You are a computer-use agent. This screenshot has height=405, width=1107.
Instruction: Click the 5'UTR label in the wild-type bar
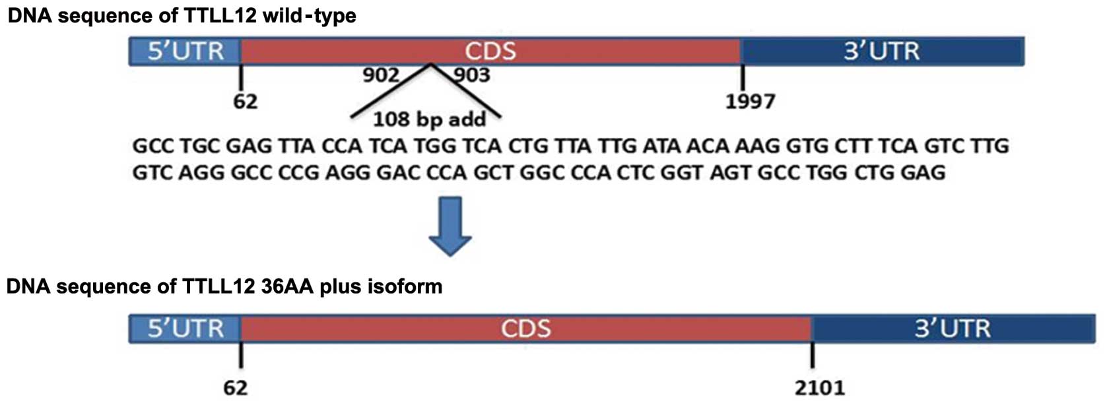pyautogui.click(x=185, y=51)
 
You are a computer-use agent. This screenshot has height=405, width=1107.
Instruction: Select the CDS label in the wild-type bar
pyautogui.click(x=490, y=51)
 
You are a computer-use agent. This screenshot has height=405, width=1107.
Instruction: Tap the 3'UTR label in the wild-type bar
pyautogui.click(x=881, y=51)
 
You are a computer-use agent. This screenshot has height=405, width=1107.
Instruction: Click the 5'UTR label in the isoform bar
pyautogui.click(x=185, y=328)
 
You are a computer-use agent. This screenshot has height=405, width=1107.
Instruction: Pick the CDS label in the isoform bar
pyautogui.click(x=525, y=328)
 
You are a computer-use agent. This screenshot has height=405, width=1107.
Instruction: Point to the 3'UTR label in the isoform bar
pyautogui.click(x=952, y=328)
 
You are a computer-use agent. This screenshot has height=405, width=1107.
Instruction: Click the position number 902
pyautogui.click(x=381, y=75)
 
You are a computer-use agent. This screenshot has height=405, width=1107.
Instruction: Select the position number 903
pyautogui.click(x=471, y=75)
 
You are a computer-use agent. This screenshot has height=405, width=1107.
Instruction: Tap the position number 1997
pyautogui.click(x=750, y=102)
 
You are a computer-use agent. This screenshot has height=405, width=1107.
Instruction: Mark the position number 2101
pyautogui.click(x=819, y=388)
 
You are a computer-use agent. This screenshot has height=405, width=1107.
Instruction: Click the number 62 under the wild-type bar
pyautogui.click(x=245, y=102)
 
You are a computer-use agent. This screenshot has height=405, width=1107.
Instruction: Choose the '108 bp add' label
pyautogui.click(x=429, y=119)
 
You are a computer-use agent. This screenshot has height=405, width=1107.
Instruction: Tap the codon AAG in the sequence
pyautogui.click(x=758, y=146)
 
